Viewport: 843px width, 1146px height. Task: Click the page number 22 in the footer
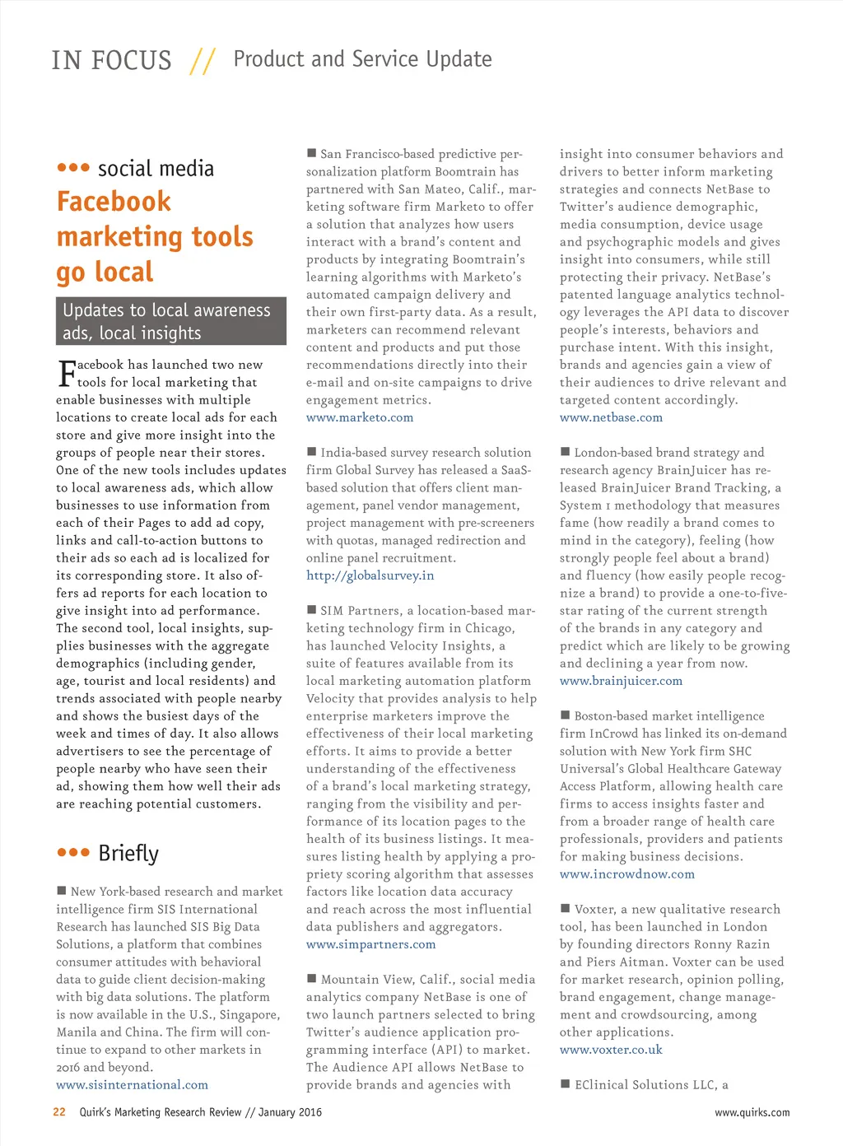click(59, 1111)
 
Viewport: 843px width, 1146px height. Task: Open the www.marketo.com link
click(360, 417)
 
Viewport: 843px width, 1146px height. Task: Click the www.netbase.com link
click(611, 417)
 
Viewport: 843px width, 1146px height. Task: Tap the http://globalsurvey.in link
click(370, 575)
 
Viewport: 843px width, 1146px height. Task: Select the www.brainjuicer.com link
click(621, 681)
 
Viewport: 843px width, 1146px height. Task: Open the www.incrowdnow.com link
click(627, 873)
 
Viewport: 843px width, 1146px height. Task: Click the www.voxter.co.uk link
click(611, 1050)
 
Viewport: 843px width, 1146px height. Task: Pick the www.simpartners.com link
click(370, 944)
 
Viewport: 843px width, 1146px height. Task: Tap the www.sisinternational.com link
click(132, 1084)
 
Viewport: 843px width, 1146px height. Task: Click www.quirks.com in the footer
click(752, 1112)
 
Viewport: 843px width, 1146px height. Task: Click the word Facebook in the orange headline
click(114, 202)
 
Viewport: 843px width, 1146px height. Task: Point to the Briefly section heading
click(128, 853)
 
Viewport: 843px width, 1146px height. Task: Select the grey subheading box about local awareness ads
click(171, 321)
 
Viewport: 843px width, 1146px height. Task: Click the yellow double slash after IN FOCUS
click(203, 61)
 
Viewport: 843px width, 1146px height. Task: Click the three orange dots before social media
click(73, 168)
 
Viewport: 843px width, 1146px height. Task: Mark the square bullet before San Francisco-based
click(312, 153)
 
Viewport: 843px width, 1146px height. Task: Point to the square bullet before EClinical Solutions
click(566, 1084)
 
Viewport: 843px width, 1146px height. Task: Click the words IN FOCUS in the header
click(111, 61)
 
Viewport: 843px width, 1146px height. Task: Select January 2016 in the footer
click(290, 1112)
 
